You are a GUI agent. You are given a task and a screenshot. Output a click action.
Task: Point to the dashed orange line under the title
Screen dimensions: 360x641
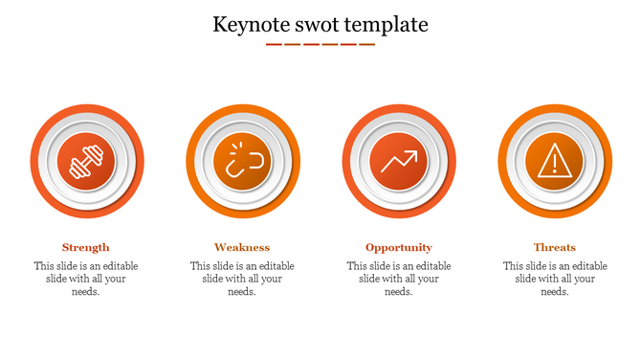[x=320, y=44]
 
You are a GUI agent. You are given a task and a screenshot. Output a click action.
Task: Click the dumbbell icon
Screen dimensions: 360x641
[x=86, y=161]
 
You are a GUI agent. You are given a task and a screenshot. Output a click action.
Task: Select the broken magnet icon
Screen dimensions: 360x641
[x=242, y=161]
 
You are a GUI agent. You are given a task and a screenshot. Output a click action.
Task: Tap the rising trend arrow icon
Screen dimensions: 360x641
[x=399, y=161]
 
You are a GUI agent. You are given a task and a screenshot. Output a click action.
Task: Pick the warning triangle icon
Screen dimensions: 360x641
[x=555, y=161]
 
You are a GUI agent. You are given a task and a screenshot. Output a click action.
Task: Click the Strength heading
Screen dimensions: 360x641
[x=86, y=247]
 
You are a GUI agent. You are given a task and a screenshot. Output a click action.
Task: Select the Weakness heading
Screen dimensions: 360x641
[x=242, y=247]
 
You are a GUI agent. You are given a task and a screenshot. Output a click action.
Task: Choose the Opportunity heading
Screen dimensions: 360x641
[x=399, y=247]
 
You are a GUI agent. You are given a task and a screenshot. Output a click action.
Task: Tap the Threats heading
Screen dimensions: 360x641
[x=555, y=247]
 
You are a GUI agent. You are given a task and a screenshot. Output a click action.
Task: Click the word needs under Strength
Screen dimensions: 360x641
[x=86, y=292]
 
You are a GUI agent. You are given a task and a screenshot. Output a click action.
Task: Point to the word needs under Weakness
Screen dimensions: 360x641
[x=242, y=292]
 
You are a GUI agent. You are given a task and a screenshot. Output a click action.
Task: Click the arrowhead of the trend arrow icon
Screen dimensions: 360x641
[x=413, y=153]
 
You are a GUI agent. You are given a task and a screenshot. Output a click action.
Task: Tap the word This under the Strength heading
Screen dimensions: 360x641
[x=44, y=266]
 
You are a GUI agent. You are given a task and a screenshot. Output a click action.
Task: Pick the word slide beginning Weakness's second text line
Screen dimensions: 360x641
[x=215, y=279]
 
